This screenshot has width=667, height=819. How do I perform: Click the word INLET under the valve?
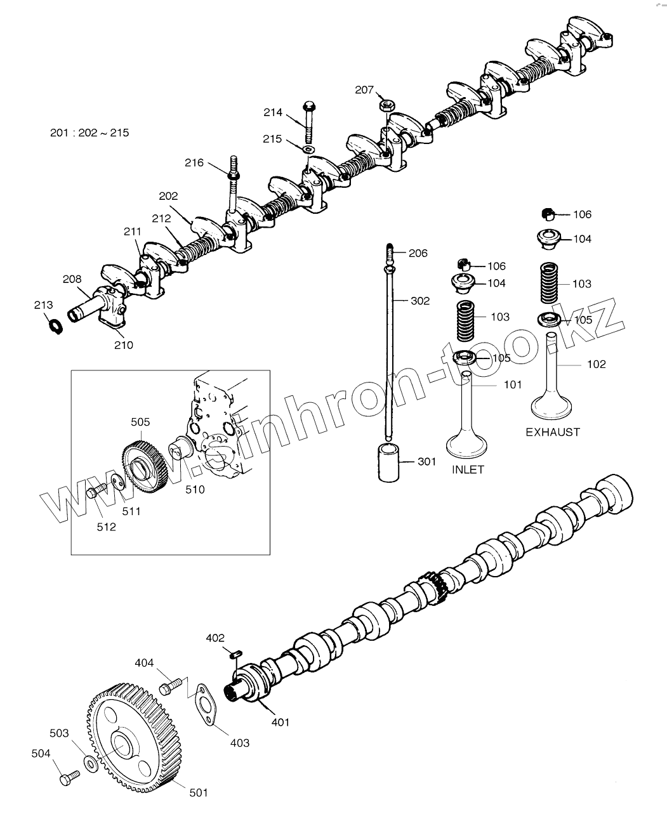(x=468, y=470)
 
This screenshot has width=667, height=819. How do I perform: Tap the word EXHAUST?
(x=552, y=432)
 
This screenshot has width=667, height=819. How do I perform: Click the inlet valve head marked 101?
(x=467, y=443)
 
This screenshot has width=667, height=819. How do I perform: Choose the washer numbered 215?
(x=308, y=148)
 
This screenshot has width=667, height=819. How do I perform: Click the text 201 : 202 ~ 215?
(x=89, y=133)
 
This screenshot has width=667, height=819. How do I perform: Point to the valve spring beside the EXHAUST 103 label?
(x=550, y=284)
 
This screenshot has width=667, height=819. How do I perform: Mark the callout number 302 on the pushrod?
(x=420, y=301)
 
